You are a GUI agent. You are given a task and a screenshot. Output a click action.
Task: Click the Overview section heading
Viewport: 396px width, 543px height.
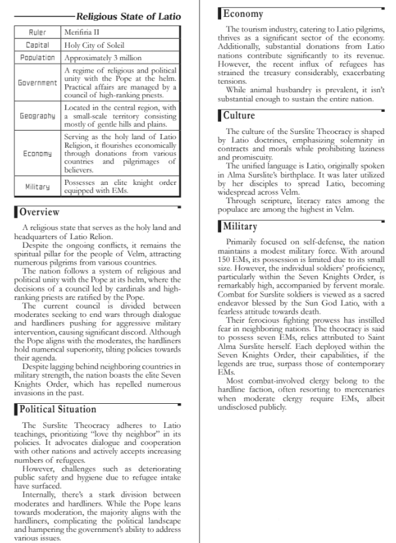[39, 212]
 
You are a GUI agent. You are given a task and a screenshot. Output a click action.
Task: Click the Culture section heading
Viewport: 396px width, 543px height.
[239, 116]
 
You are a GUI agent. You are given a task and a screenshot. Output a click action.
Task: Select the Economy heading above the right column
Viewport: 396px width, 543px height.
[243, 14]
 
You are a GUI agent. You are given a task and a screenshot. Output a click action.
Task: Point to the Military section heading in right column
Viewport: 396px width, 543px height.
[241, 227]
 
